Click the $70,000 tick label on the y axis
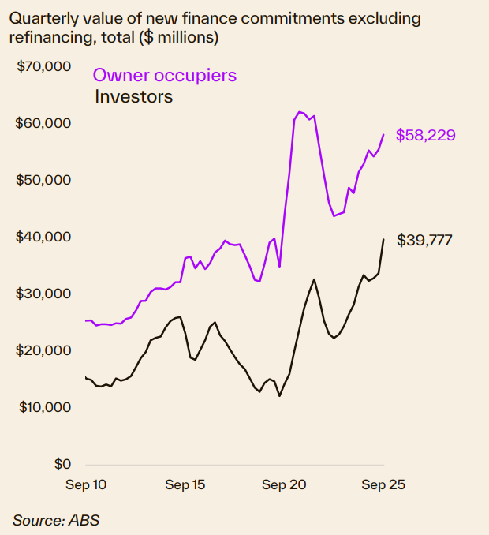(44, 66)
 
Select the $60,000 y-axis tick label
(44, 123)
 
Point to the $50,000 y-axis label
(44, 180)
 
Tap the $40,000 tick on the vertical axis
(44, 237)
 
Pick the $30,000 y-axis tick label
(44, 294)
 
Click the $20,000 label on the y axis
(44, 350)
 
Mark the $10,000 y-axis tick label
(44, 407)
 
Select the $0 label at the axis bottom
(62, 464)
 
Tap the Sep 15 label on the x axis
(185, 485)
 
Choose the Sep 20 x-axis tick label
(285, 485)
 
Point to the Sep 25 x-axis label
(384, 485)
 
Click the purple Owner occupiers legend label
(165, 76)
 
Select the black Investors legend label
(133, 97)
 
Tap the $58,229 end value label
(426, 136)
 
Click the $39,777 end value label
(424, 240)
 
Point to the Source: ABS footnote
(56, 520)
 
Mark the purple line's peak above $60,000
(300, 112)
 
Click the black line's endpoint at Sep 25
(383, 239)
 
